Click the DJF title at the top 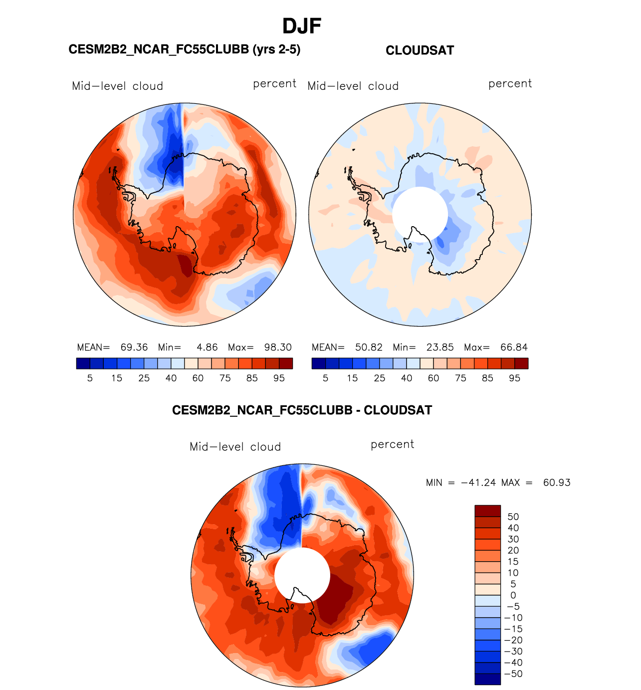pyautogui.click(x=302, y=26)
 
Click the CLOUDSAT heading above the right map pyautogui.click(x=420, y=50)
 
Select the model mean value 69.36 pyautogui.click(x=134, y=347)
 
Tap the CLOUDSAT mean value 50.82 pyautogui.click(x=369, y=347)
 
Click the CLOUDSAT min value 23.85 pyautogui.click(x=440, y=347)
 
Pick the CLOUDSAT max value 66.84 pyautogui.click(x=514, y=347)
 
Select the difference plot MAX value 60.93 pyautogui.click(x=557, y=483)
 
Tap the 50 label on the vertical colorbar pyautogui.click(x=513, y=517)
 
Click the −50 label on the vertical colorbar pyautogui.click(x=513, y=674)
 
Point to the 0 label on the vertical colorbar pyautogui.click(x=513, y=595)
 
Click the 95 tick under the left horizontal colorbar pyautogui.click(x=279, y=378)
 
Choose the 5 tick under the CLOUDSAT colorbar pyautogui.click(x=325, y=378)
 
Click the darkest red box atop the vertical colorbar pyautogui.click(x=487, y=511)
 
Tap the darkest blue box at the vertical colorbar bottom pyautogui.click(x=487, y=679)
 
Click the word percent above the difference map pyautogui.click(x=392, y=444)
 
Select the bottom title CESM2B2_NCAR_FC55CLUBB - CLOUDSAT pyautogui.click(x=302, y=410)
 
